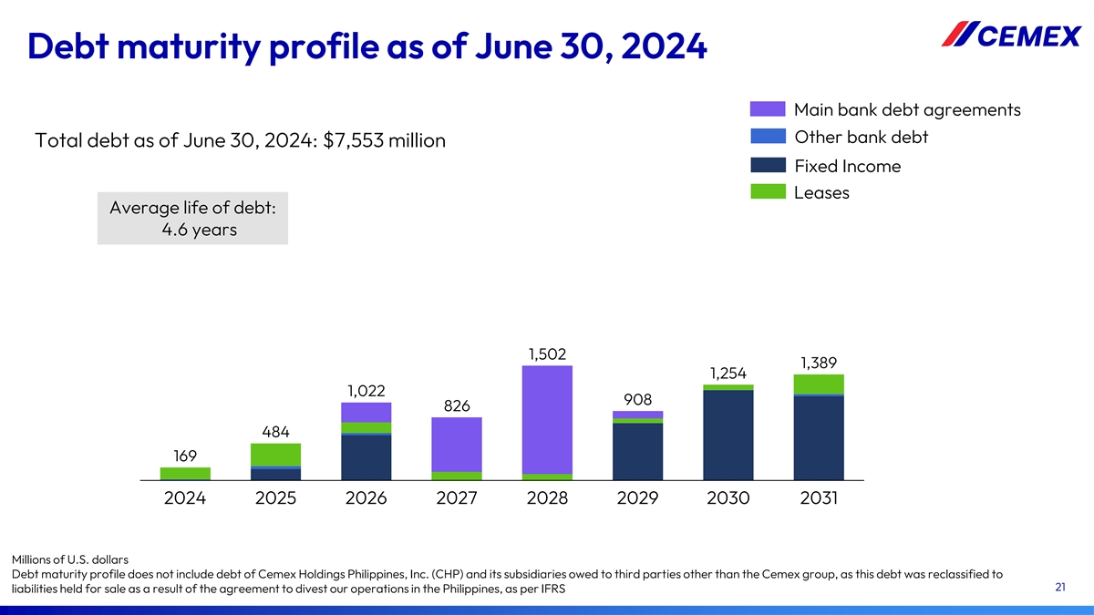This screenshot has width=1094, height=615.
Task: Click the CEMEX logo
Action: [1010, 35]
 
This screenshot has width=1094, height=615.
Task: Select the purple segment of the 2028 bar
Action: [547, 419]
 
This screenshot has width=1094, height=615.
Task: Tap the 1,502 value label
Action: [547, 354]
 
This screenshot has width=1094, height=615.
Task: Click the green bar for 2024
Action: [185, 473]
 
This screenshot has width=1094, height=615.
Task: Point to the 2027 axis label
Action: [456, 498]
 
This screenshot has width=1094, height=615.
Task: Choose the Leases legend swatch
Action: [768, 193]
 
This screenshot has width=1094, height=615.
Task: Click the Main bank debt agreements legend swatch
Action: [768, 109]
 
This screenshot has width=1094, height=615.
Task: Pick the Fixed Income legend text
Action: [848, 166]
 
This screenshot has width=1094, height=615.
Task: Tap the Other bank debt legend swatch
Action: [768, 137]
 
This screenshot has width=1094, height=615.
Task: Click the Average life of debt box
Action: [192, 219]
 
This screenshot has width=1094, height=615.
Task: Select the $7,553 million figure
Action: [384, 141]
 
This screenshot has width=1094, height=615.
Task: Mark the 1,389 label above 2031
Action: [819, 363]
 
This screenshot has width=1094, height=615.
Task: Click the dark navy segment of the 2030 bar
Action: [728, 435]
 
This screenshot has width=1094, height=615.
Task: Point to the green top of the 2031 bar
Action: [819, 384]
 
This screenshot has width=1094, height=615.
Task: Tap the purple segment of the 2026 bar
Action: [366, 412]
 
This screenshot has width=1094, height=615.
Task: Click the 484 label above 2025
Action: [275, 431]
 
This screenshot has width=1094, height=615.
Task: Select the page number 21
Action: [1060, 588]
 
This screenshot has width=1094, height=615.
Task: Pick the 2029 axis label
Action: [637, 498]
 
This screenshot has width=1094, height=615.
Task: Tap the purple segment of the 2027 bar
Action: [456, 444]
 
